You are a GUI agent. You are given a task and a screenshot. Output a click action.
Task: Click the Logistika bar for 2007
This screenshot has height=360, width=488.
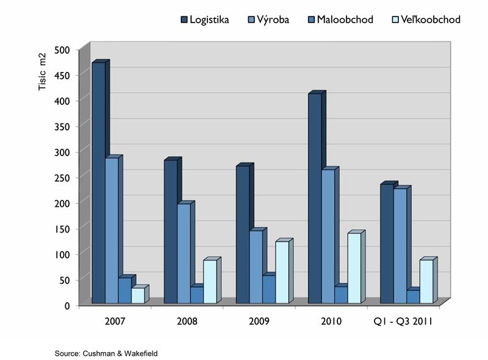click(98, 183)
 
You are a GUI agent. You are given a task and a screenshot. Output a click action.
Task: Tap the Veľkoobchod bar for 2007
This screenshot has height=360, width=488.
click(138, 295)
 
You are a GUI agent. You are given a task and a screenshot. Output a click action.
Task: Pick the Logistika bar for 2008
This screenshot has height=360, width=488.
click(170, 232)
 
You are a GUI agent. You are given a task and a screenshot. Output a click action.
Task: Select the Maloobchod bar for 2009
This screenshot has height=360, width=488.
click(268, 289)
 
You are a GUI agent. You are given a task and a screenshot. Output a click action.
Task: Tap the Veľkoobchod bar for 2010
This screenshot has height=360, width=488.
click(354, 268)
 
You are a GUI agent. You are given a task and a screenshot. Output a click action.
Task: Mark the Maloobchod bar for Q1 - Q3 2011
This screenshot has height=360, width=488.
click(413, 297)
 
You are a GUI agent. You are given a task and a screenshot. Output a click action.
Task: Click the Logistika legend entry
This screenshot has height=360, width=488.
click(205, 20)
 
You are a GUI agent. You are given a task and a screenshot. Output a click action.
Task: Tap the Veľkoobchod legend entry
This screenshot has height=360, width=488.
click(425, 20)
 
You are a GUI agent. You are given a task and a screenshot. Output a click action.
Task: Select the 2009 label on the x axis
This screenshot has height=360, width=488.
click(259, 321)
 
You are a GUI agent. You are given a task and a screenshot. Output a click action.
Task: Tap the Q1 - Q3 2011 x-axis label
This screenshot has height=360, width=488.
click(403, 321)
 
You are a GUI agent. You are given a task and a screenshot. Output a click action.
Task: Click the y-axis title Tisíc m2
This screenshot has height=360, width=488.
click(43, 72)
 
